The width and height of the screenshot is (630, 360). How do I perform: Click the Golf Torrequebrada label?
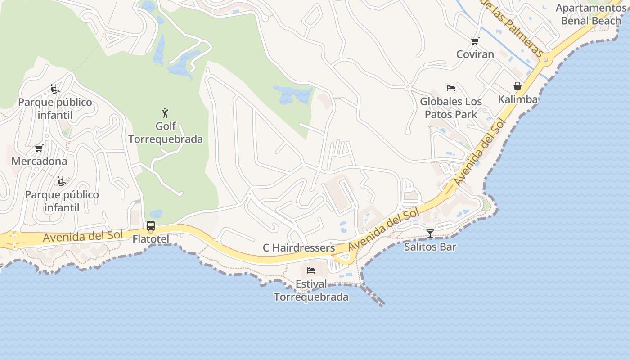pos(166,133)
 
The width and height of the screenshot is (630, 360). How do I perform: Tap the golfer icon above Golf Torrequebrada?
pos(165,112)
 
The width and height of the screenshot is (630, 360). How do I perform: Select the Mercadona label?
pos(39,161)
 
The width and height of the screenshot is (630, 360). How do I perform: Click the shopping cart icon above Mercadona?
pos(39,148)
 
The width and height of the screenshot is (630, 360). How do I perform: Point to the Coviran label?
pos(475,54)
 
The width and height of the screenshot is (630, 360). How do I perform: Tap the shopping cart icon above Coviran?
pos(475,41)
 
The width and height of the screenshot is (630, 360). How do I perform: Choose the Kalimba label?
pos(517,99)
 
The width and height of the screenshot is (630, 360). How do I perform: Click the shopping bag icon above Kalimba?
pos(517,86)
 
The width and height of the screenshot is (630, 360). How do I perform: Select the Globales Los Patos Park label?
pos(451,108)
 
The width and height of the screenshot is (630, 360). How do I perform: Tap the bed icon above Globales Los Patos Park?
pos(451,88)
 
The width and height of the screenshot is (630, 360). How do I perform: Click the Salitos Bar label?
pos(430,247)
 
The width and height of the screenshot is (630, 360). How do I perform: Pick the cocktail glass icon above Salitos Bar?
pos(430,233)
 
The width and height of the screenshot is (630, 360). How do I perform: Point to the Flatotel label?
pos(151,239)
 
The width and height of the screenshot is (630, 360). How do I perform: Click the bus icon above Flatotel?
pos(151,226)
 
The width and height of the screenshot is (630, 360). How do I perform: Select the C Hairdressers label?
pos(299,248)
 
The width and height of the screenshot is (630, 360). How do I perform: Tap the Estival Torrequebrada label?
pos(311,291)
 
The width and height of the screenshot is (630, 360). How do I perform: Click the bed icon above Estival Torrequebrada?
pos(310,270)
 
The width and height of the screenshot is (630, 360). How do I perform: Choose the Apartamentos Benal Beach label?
pos(591,14)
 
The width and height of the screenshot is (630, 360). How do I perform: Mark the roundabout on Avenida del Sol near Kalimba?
pos(546,59)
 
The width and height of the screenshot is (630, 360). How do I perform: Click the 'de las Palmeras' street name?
pos(513,27)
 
